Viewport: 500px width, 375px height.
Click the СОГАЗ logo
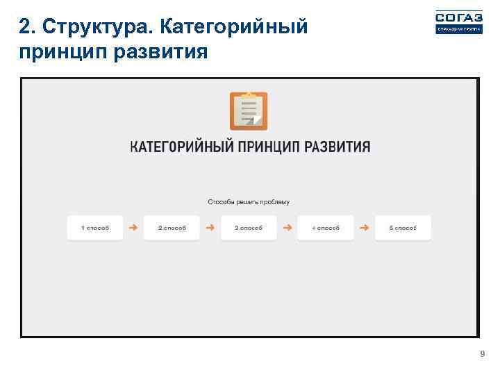pos(458,22)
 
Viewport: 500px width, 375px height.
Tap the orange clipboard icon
pos(249,111)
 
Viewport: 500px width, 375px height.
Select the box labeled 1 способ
pos(95,228)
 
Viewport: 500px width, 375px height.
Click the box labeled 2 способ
pos(172,228)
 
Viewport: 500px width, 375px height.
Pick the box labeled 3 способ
pos(249,228)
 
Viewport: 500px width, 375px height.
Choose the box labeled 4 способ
pos(325,228)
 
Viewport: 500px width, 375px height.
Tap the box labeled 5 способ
pos(403,228)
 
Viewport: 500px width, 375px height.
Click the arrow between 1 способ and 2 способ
pos(133,227)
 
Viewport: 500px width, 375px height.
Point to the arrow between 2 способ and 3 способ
pos(210,227)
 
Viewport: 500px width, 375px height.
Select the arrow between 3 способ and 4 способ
pos(287,227)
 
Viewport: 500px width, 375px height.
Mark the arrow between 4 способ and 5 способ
pos(364,227)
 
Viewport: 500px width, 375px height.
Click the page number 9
pos(482,355)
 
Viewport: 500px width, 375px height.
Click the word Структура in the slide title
pos(94,27)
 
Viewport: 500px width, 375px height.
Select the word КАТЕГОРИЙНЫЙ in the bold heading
pos(181,147)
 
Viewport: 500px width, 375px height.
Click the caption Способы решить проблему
pos(249,202)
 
